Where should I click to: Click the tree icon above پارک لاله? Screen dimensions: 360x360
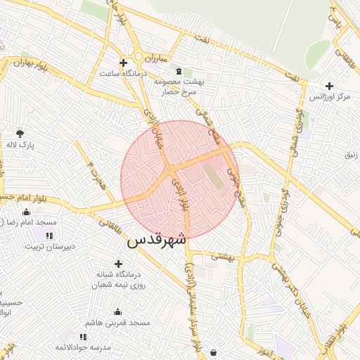[x=20, y=133]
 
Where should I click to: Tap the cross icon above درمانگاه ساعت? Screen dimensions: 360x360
[x=123, y=63]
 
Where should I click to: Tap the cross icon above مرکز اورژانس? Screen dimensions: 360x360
[x=330, y=85]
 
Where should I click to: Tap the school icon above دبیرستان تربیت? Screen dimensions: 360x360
[x=49, y=236]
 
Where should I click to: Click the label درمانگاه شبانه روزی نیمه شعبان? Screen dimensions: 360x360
[x=118, y=279]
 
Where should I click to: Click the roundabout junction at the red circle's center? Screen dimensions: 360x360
[x=170, y=170]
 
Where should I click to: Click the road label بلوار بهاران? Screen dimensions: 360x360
[x=29, y=64]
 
